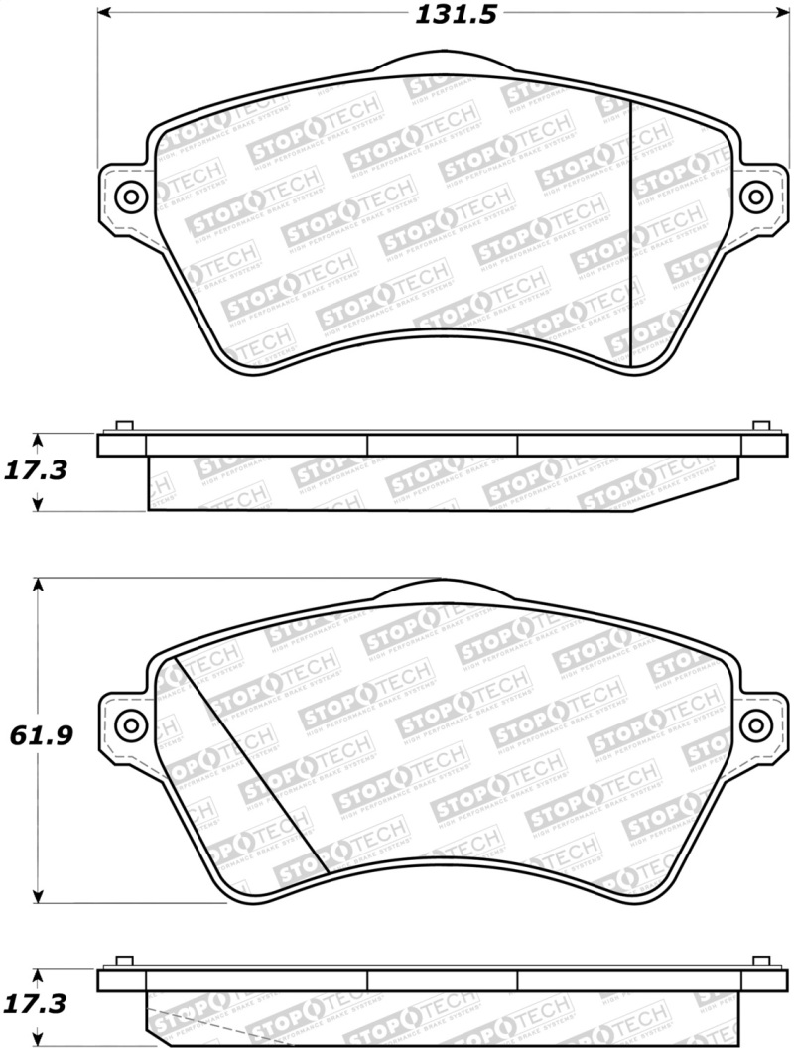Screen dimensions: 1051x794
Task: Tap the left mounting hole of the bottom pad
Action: pyautogui.click(x=129, y=723)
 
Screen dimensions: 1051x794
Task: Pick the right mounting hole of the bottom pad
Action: pyautogui.click(x=758, y=723)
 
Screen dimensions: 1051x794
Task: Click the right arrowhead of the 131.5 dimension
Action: pyautogui.click(x=781, y=14)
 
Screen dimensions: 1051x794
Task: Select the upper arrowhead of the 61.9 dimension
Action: pyautogui.click(x=39, y=587)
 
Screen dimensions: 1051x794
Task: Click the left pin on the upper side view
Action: pyautogui.click(x=125, y=427)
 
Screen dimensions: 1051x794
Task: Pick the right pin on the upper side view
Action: pyautogui.click(x=761, y=427)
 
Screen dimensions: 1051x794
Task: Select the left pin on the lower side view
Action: pyautogui.click(x=125, y=962)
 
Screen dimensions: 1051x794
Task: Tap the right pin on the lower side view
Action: pyautogui.click(x=761, y=962)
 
